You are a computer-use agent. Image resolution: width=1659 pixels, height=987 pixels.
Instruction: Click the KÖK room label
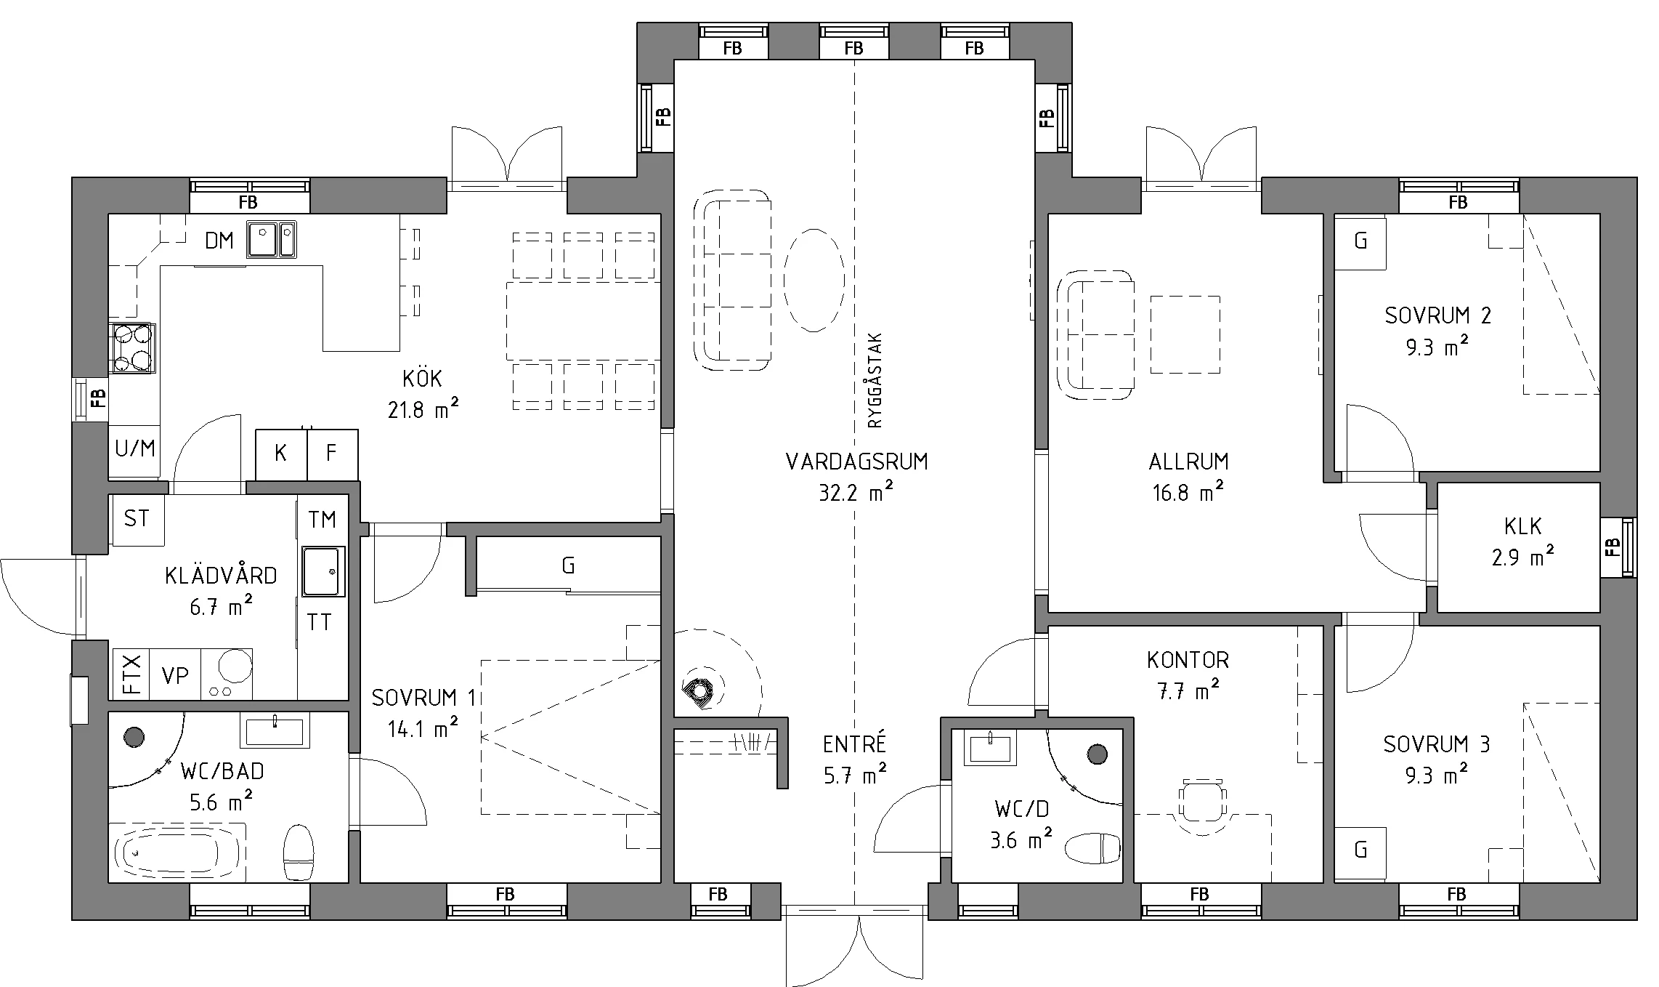[422, 378]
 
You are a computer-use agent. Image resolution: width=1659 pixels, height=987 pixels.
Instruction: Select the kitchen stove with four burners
[133, 348]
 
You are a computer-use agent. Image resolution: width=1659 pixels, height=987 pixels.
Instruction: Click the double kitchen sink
[272, 239]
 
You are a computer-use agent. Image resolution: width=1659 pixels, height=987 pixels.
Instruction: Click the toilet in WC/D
[1092, 847]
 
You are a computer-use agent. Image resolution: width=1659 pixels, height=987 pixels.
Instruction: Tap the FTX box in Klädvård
[131, 674]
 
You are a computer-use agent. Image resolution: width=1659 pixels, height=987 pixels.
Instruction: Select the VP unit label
[175, 676]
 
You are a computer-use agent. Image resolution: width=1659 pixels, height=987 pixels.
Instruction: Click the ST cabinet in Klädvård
[138, 519]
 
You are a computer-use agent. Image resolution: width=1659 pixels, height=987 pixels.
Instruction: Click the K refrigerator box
[281, 454]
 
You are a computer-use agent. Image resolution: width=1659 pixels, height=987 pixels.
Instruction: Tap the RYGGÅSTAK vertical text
[875, 380]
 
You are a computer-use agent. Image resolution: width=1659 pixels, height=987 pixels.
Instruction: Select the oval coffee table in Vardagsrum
[814, 281]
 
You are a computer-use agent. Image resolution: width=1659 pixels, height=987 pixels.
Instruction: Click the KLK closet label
[1523, 526]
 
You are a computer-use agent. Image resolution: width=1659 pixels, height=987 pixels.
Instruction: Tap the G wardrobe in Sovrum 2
[1360, 242]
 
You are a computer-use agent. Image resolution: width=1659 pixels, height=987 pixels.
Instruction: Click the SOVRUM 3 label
[1436, 744]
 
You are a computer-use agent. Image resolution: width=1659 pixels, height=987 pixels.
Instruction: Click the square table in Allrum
[1185, 335]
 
